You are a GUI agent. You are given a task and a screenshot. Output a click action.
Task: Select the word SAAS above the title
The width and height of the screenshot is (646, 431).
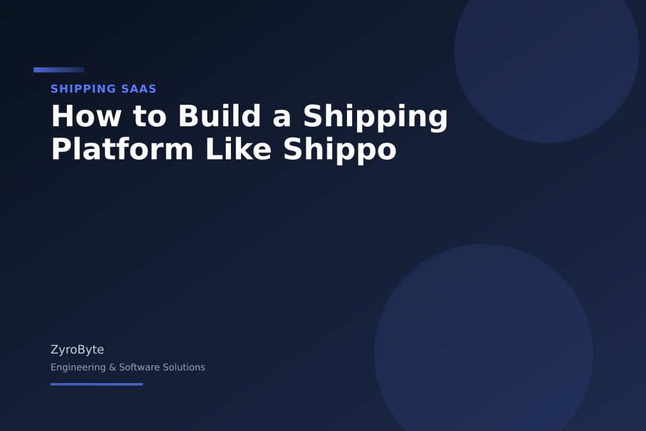pyautogui.click(x=138, y=89)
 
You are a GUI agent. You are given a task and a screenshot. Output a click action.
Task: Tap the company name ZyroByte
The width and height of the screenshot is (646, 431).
pyautogui.click(x=77, y=350)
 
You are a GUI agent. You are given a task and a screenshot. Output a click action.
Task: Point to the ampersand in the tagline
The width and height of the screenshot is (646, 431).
pyautogui.click(x=113, y=367)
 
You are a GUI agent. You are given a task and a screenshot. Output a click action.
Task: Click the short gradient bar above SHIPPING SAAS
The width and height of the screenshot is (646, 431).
pyautogui.click(x=59, y=70)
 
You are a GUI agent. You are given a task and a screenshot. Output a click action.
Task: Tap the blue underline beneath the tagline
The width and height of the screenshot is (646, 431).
pyautogui.click(x=97, y=384)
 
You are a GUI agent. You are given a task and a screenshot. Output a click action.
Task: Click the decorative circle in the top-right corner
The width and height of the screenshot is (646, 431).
pyautogui.click(x=546, y=50)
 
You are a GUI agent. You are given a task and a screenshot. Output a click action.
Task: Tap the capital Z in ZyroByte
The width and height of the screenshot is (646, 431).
pyautogui.click(x=54, y=350)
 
